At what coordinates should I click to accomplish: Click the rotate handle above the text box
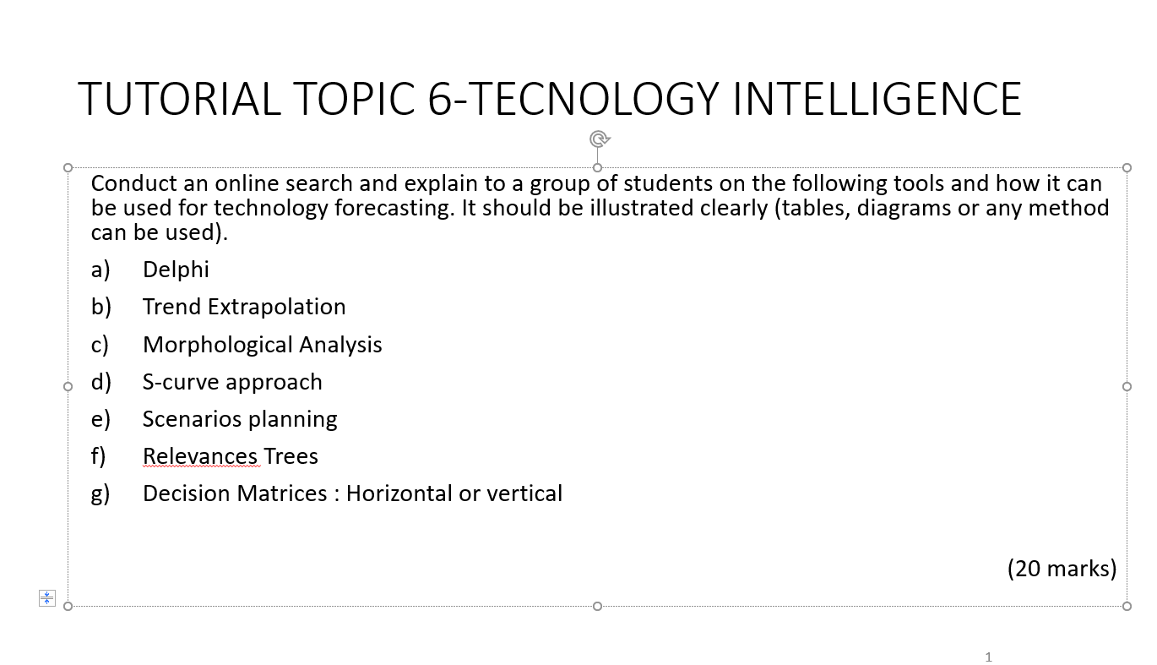tap(599, 139)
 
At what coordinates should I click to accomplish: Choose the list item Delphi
tap(176, 270)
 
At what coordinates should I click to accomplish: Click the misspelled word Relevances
tap(200, 456)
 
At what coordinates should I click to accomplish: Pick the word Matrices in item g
tap(282, 493)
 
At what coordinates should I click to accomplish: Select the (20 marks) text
tap(1062, 569)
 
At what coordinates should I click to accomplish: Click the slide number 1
tap(988, 657)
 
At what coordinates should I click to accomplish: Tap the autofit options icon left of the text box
tap(47, 598)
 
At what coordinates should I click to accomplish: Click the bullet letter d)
tap(100, 382)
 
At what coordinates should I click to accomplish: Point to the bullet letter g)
tap(100, 493)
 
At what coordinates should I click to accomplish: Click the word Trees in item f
tap(291, 456)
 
